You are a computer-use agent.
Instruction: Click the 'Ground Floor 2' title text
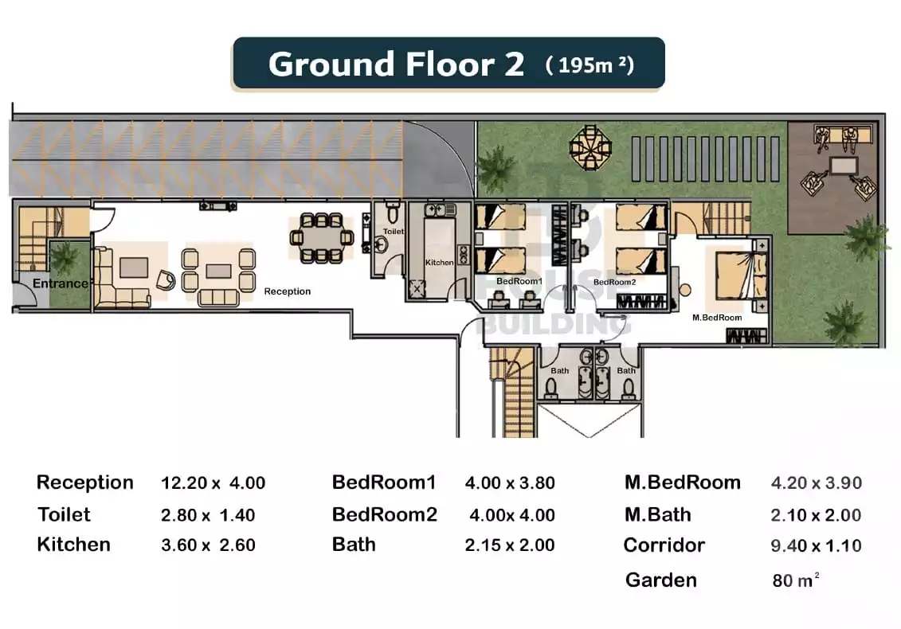[x=396, y=64]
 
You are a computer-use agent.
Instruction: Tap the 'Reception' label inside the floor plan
[x=287, y=291]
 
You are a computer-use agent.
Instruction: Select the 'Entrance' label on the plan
[x=61, y=283]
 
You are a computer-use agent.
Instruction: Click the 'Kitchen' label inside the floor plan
[x=439, y=262]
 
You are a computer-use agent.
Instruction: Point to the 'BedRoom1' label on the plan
[x=519, y=282]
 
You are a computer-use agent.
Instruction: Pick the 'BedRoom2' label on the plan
[x=614, y=282]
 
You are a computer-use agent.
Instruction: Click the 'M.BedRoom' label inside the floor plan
[x=716, y=318]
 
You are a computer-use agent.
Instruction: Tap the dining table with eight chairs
[x=321, y=236]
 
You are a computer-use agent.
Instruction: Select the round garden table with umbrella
[x=590, y=146]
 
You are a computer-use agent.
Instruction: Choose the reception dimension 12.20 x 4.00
[x=213, y=483]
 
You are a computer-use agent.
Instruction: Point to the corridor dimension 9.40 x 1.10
[x=816, y=546]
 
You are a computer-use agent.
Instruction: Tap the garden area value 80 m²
[x=795, y=580]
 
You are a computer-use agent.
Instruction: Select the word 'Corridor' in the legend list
[x=664, y=545]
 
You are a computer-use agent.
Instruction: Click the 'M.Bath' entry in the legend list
[x=658, y=515]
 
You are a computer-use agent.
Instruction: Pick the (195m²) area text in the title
[x=590, y=64]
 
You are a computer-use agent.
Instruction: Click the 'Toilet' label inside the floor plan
[x=394, y=232]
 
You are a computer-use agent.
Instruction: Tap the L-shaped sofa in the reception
[x=119, y=279]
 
